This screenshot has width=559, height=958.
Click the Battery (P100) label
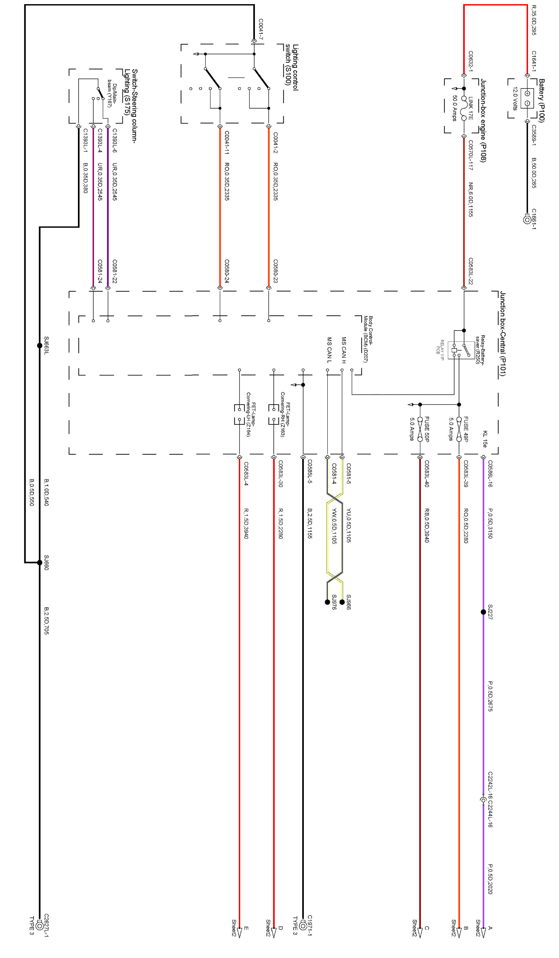coord(541,100)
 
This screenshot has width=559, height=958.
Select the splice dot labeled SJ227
coord(483,612)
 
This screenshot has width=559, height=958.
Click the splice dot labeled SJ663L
coord(40,346)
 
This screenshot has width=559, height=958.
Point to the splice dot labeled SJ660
coord(40,562)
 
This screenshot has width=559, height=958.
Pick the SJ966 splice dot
coord(342,602)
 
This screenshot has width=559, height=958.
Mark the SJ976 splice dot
coord(327,602)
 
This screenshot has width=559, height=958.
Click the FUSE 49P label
coord(466,429)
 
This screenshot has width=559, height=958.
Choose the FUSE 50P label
coord(427,429)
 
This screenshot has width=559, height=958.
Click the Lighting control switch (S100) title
coord(292,67)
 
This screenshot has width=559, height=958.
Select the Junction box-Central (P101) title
coord(502,334)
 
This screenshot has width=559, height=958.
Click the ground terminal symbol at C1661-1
coord(527,219)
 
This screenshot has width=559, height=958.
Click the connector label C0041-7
coord(260,30)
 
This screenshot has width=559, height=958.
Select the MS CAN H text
coord(344,350)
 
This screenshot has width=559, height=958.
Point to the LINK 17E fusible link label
coord(471,108)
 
